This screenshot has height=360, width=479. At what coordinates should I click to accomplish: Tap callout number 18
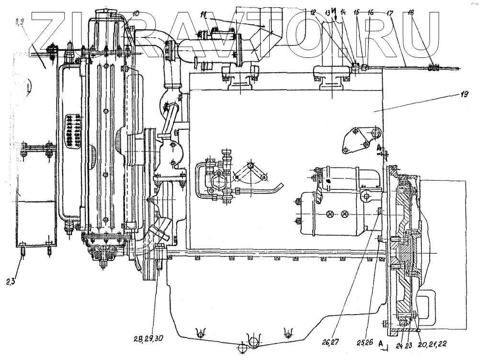pyautogui.click(x=411, y=14)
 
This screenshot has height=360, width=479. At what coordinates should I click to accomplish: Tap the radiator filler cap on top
pyautogui.click(x=111, y=11)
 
